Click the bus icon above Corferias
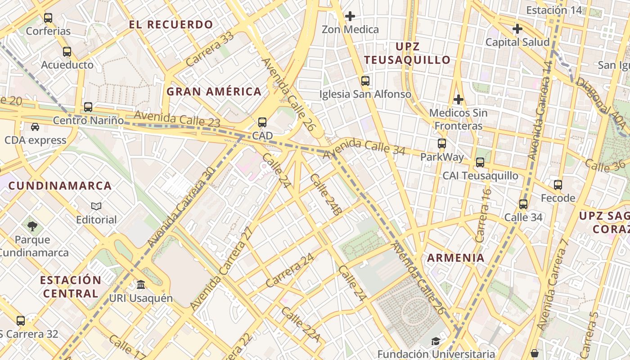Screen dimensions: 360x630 coord(48,18)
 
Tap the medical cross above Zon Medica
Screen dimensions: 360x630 coord(350,16)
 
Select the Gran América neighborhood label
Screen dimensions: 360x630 coord(214,91)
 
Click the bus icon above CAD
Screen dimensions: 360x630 coord(262,122)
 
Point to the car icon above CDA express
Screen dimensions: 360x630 coord(35,127)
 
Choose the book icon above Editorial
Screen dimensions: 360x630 coord(96,207)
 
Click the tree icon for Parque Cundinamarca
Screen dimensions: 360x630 coord(32,226)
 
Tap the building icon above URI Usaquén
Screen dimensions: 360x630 coord(141,285)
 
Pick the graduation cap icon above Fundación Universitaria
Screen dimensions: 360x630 coord(436,342)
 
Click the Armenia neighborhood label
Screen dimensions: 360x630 coord(455,258)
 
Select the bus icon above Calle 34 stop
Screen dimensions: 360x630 coord(523,204)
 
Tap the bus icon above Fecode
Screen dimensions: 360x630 coord(558,184)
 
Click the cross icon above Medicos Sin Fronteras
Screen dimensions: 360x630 coord(459,99)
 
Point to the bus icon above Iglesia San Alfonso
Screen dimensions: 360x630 coord(365,81)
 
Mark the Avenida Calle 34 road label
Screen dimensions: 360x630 coord(364,148)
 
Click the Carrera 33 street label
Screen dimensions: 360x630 coord(210,49)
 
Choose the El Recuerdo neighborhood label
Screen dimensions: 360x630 coord(171,25)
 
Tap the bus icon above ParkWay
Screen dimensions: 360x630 coord(442,144)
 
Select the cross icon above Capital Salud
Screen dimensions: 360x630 coord(517,29)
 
